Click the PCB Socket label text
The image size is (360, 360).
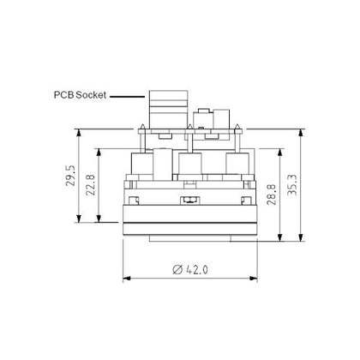(x=80, y=95)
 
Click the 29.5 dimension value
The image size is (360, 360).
(x=70, y=176)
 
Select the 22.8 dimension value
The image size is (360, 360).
(x=91, y=185)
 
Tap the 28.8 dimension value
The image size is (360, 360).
(x=272, y=195)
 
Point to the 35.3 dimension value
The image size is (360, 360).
(x=292, y=185)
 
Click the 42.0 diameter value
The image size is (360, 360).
(x=197, y=269)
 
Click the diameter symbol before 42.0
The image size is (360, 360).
(x=177, y=269)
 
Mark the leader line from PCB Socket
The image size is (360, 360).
(x=128, y=97)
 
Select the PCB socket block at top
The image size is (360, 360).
(x=169, y=110)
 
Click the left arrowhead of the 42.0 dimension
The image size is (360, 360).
(x=127, y=278)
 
